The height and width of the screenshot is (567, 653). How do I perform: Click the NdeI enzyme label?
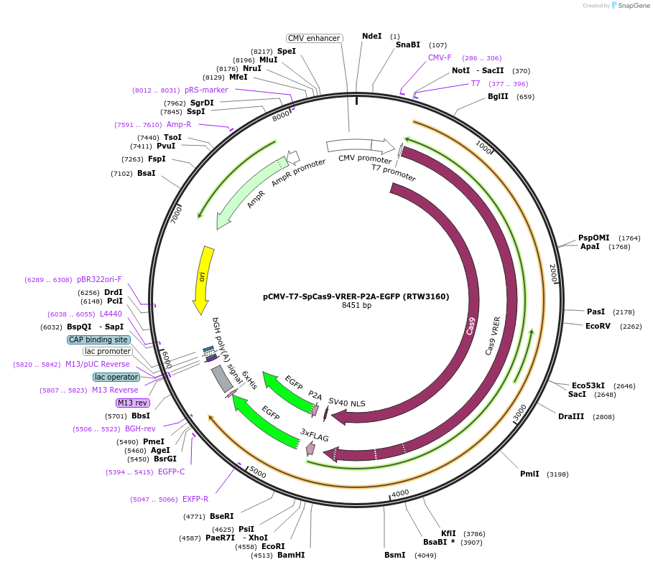[372, 36]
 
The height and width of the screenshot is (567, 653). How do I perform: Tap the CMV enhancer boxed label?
[314, 38]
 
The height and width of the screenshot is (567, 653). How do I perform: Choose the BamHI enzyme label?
[291, 555]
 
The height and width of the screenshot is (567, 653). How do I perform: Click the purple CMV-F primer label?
[440, 58]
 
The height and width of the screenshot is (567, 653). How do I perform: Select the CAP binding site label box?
[98, 339]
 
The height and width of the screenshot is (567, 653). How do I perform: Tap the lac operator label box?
[116, 377]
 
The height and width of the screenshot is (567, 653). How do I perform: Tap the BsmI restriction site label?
[394, 555]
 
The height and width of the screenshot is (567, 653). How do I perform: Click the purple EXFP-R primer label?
[195, 499]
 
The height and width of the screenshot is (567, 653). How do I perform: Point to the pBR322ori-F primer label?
[99, 280]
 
